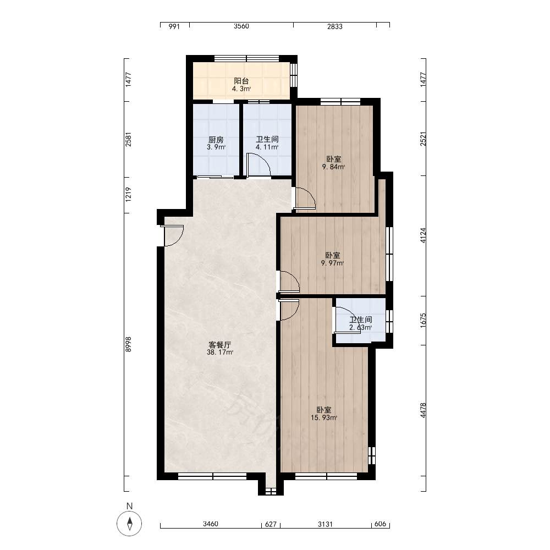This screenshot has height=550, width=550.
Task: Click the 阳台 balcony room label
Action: click(241, 81)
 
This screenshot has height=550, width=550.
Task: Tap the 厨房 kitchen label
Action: click(216, 140)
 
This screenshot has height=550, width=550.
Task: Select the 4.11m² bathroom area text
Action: click(267, 147)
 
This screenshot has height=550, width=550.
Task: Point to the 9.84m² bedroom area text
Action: click(333, 167)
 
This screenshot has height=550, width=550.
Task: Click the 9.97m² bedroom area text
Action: click(332, 263)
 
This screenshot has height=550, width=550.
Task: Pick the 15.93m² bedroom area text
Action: click(324, 417)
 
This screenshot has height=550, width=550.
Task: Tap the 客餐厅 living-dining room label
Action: click(219, 345)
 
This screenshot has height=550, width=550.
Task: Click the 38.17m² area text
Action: click(219, 352)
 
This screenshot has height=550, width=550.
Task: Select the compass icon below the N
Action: click(129, 524)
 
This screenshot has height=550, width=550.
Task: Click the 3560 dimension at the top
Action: click(241, 26)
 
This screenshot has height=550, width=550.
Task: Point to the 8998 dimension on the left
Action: click(128, 344)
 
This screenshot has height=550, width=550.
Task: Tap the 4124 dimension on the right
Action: click(423, 235)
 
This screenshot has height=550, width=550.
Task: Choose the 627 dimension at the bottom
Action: click(271, 524)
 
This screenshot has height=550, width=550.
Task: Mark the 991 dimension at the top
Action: click(174, 26)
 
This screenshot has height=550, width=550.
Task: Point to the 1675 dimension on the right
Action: click(423, 320)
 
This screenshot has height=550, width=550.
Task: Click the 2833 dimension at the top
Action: click(334, 26)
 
